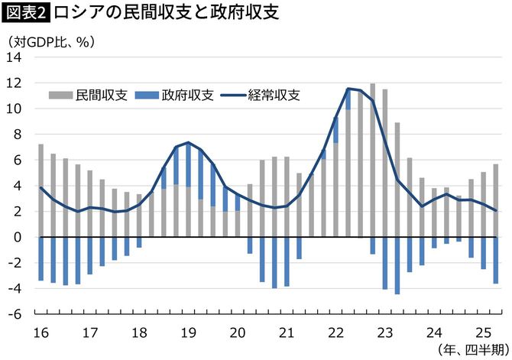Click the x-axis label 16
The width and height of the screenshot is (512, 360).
click(x=41, y=332)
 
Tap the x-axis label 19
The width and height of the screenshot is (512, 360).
click(x=188, y=332)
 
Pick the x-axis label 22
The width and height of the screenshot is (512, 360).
click(x=335, y=332)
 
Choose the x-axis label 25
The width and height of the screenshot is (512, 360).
click(x=483, y=332)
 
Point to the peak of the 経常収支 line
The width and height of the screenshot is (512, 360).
click(x=348, y=89)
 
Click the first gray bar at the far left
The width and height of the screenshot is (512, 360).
click(x=41, y=190)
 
